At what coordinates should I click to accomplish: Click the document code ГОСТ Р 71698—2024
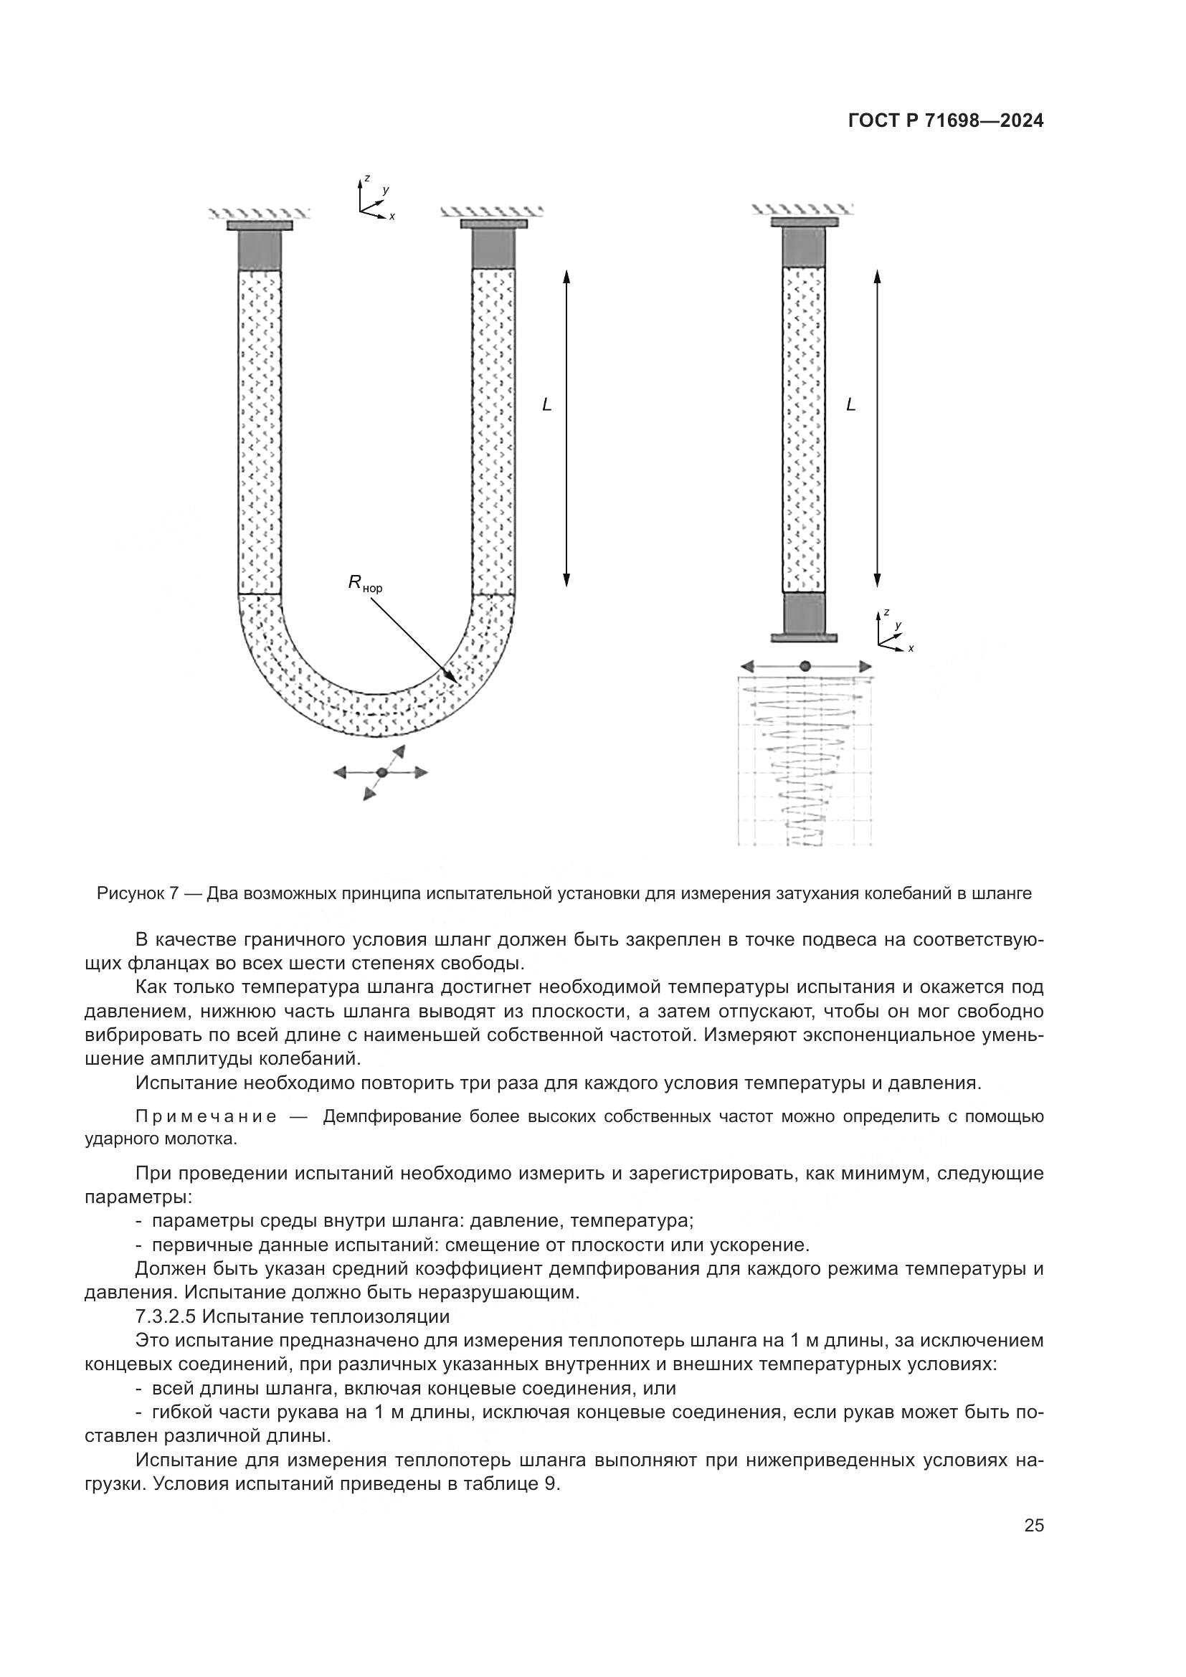945,121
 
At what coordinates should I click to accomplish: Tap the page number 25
1034,1526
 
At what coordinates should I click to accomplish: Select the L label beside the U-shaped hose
546,404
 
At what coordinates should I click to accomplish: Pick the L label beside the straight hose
850,404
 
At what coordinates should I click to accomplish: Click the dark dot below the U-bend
381,773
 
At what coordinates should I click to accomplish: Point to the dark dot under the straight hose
805,666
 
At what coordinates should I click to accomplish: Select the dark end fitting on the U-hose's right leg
493,249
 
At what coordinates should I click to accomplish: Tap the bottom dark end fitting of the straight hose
804,613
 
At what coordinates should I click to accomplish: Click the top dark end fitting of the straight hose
803,247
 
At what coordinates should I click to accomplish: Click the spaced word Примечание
206,1117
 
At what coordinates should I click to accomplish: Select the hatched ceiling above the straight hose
802,209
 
